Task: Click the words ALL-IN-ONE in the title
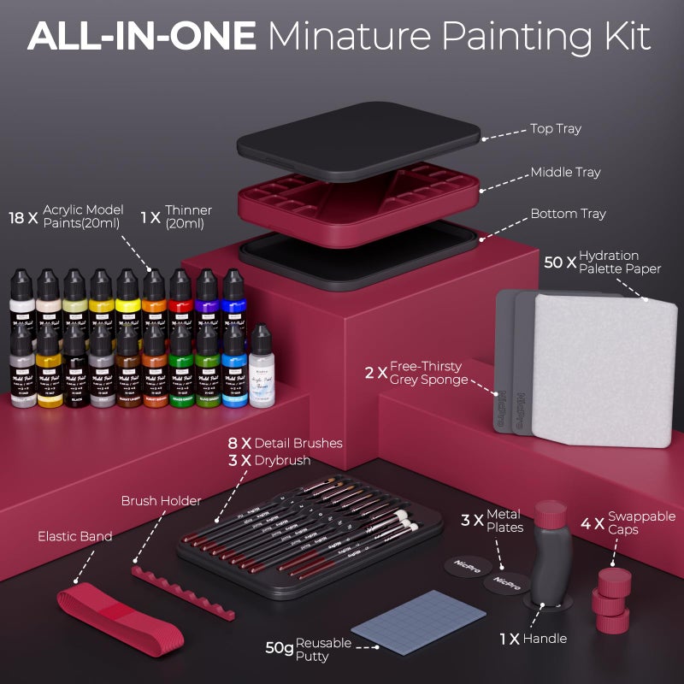pos(142,37)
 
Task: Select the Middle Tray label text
pos(565,172)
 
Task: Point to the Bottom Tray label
pos(568,214)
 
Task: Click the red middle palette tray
pos(359,202)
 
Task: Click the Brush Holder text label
pos(161,501)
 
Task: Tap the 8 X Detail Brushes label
pos(285,443)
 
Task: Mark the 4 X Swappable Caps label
pos(628,522)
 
